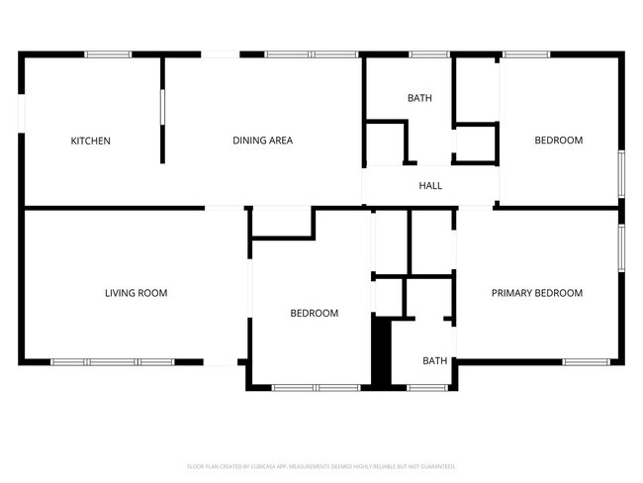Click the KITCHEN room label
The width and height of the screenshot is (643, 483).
click(90, 141)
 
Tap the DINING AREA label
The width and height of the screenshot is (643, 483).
click(262, 141)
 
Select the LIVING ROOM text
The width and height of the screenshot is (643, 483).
click(136, 293)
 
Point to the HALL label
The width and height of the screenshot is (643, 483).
click(430, 185)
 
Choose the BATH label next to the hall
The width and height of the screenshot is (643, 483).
click(419, 98)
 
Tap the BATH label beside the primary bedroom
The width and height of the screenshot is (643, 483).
click(434, 361)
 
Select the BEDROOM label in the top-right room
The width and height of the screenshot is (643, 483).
click(558, 141)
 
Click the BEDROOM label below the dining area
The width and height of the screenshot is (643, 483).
click(314, 314)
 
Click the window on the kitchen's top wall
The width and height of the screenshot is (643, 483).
click(108, 54)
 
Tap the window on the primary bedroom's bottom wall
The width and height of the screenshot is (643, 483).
click(585, 362)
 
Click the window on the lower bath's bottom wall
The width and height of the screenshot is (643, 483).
click(427, 387)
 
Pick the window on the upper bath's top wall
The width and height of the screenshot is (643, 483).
click(429, 54)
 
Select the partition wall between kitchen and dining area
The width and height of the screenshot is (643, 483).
click(162, 109)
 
